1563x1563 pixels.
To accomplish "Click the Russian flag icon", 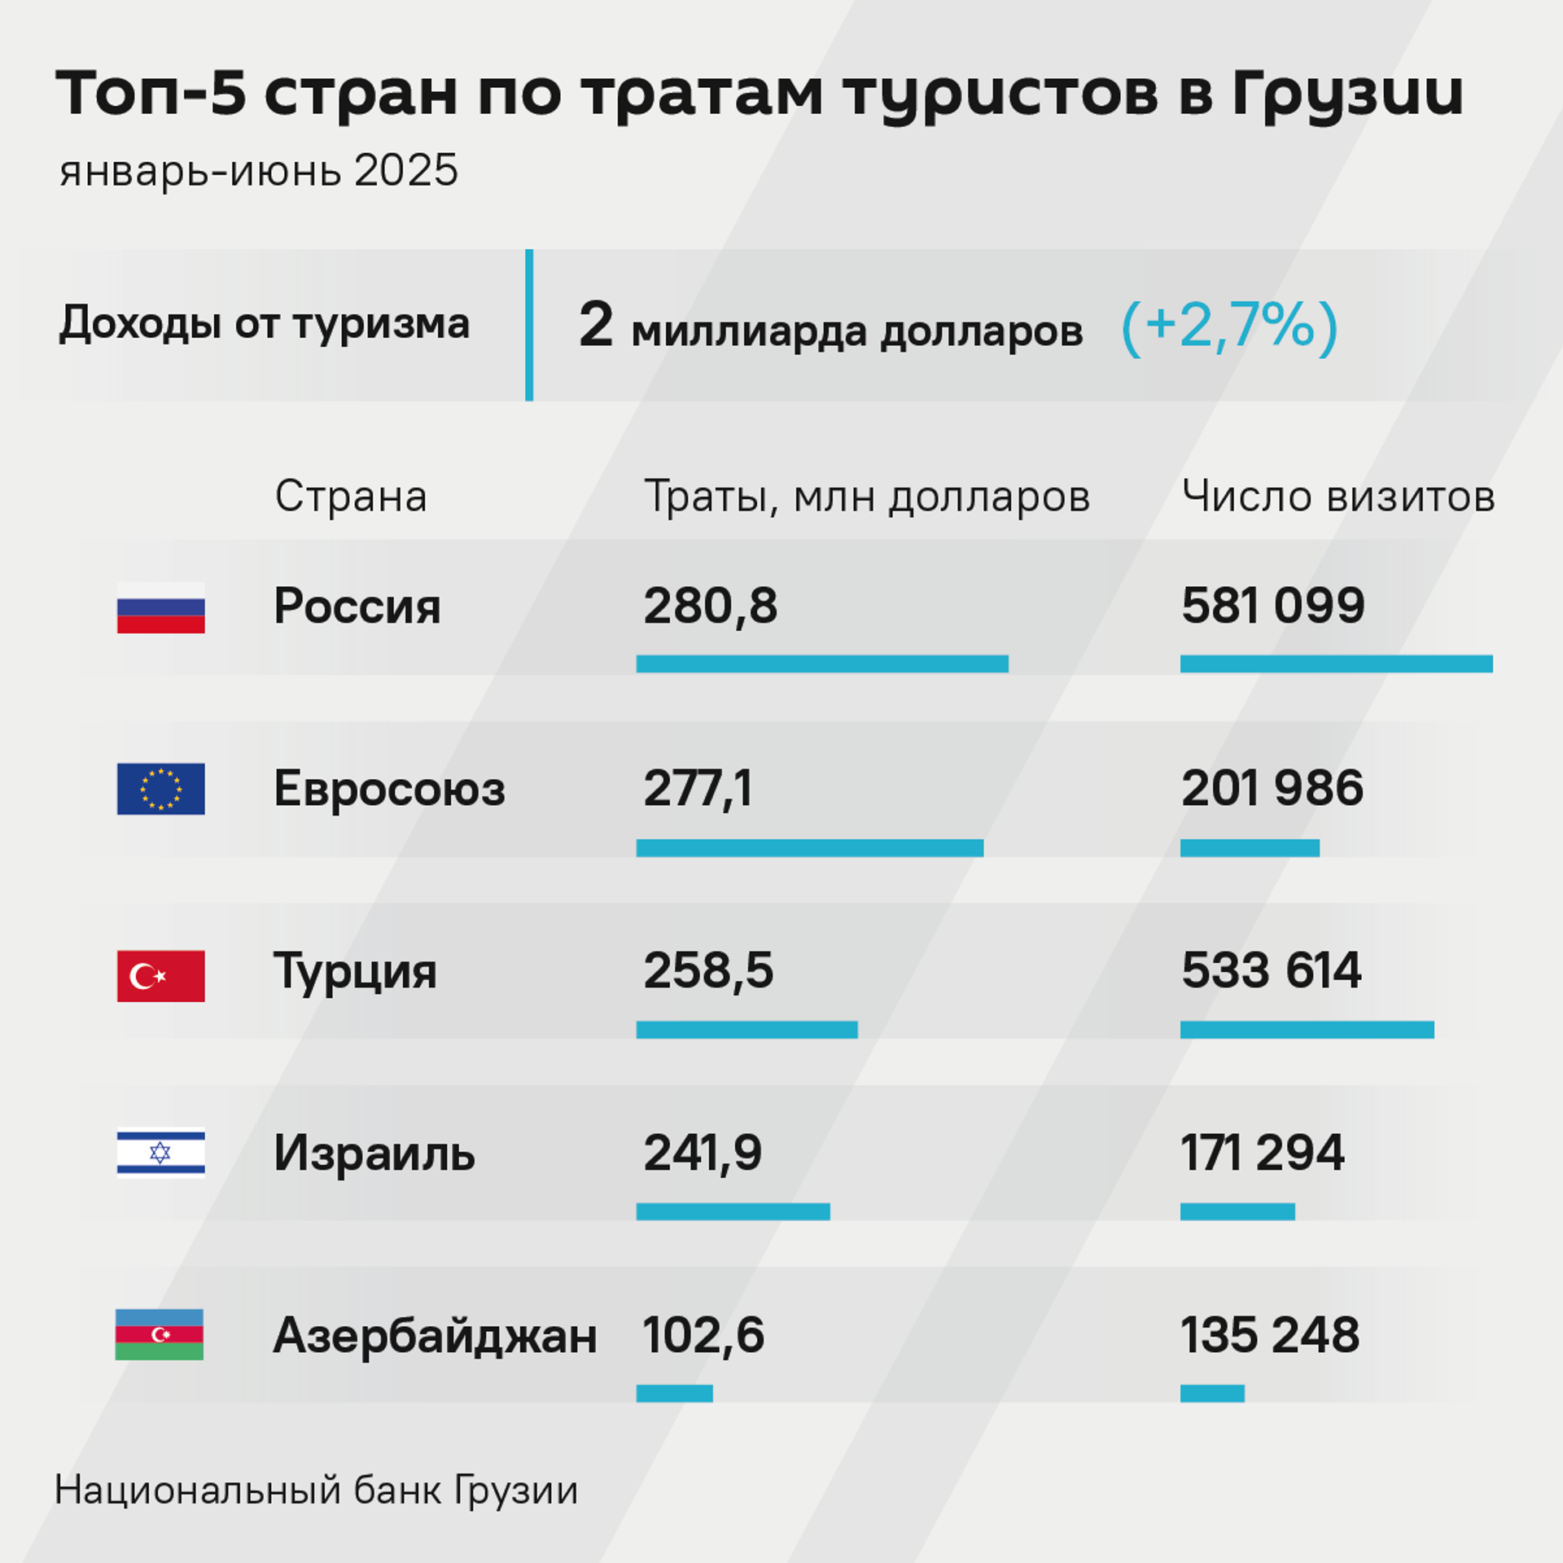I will click(160, 607).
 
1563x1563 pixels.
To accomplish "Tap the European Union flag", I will click(160, 789).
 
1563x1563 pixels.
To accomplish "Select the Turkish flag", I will click(160, 975).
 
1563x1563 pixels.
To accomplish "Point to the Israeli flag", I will click(160, 1153).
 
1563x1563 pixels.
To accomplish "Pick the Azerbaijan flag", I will click(160, 1334).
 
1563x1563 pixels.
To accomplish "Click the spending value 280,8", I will click(710, 606).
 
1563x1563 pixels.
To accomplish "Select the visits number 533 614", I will click(1271, 970).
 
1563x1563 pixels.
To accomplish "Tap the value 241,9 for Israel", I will click(702, 1154).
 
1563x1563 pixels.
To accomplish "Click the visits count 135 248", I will click(1270, 1335).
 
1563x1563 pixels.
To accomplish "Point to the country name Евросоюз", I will click(389, 789).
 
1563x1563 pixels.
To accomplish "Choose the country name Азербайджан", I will click(435, 1336).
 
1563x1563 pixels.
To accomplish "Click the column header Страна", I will click(351, 496).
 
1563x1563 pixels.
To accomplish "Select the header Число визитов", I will click(1338, 496).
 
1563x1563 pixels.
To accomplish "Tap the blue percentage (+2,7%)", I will click(1229, 326).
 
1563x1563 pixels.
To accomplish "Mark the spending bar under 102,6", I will click(674, 1393).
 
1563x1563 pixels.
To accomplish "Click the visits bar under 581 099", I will click(1336, 663).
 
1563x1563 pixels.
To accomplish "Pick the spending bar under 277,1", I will click(809, 847).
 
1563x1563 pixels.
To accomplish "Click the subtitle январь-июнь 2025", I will click(259, 171).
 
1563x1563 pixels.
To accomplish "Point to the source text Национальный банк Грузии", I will click(316, 1490).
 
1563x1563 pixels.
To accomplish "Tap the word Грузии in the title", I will click(1347, 94).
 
